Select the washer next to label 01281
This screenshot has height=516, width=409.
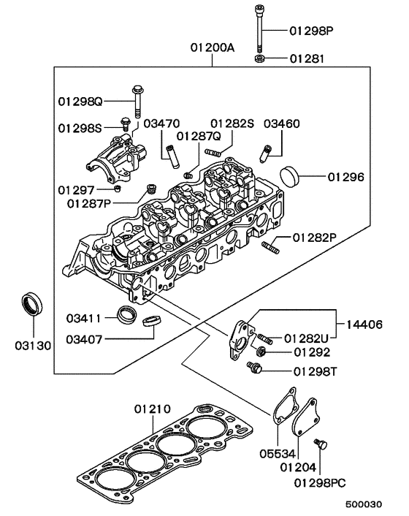click(261, 57)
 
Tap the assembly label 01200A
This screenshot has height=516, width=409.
click(213, 49)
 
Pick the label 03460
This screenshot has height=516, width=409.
click(281, 124)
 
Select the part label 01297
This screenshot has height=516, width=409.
click(76, 189)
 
